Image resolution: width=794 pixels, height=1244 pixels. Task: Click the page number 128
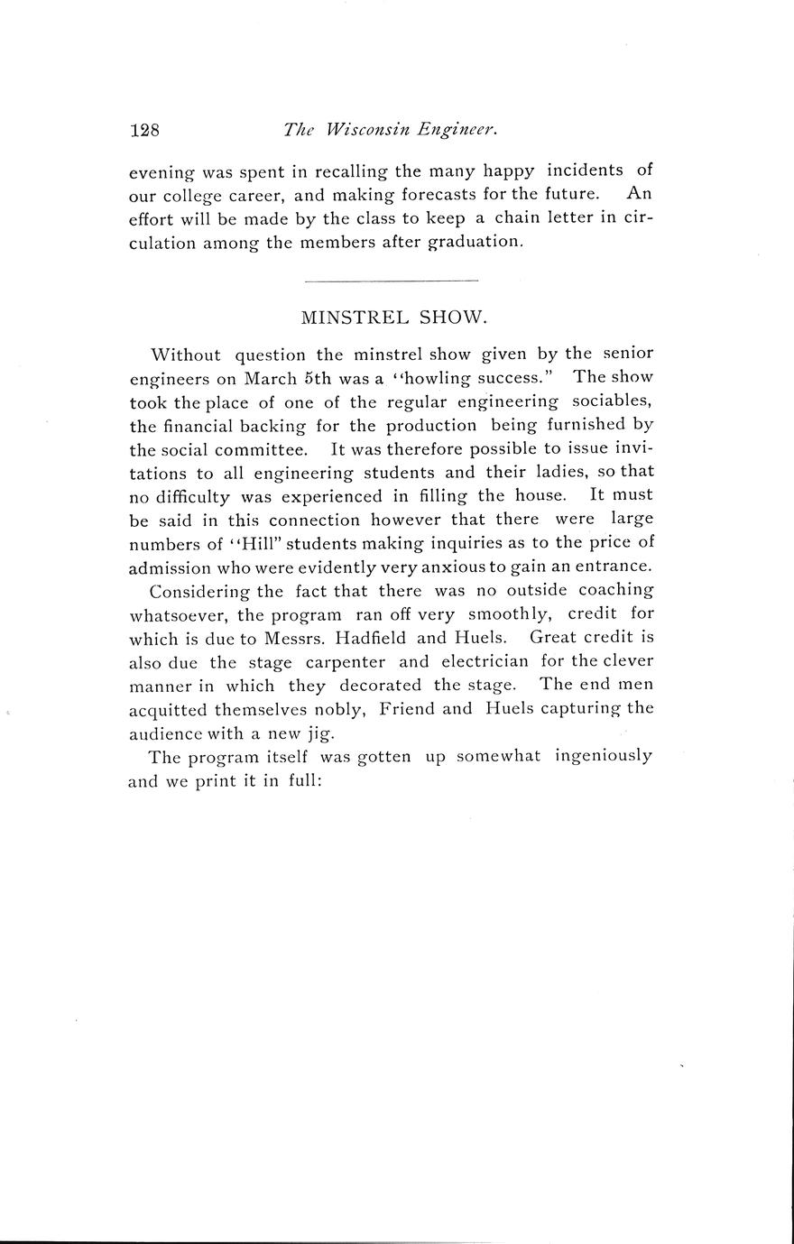pyautogui.click(x=144, y=130)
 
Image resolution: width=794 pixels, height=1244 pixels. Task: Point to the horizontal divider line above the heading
pyautogui.click(x=391, y=281)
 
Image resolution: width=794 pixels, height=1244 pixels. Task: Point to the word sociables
pyautogui.click(x=612, y=401)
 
